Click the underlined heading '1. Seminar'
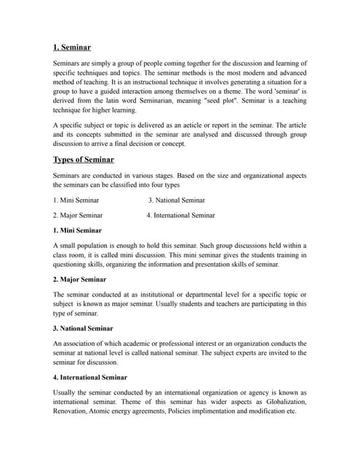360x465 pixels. coord(72,47)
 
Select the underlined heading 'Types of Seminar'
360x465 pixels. coord(83,159)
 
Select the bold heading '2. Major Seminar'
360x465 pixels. coord(79,279)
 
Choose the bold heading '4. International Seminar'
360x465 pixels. coord(90,377)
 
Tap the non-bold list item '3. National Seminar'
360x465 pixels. coord(177,200)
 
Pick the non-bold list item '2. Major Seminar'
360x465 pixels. coord(78,215)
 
